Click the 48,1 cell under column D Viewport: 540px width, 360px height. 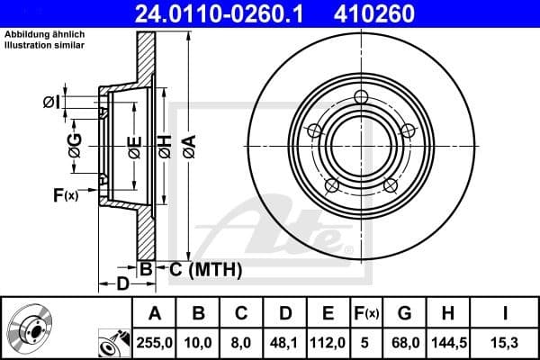[x=284, y=342]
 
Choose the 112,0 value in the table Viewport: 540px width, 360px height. [x=328, y=342]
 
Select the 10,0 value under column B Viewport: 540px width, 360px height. [x=199, y=342]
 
